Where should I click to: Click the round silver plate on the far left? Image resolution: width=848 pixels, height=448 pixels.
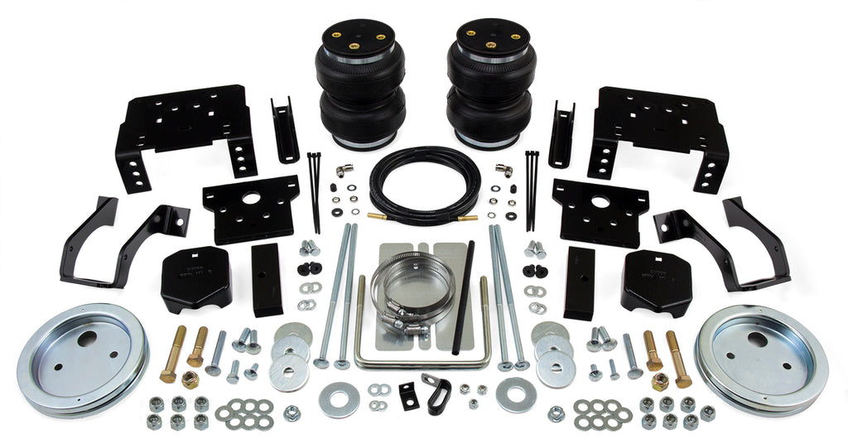coord(82,358)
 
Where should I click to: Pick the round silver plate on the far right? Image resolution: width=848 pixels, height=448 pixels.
coord(761,358)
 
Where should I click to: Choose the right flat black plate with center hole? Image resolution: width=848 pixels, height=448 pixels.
coord(600,210)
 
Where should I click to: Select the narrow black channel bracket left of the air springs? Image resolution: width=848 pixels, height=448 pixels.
coord(284,129)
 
